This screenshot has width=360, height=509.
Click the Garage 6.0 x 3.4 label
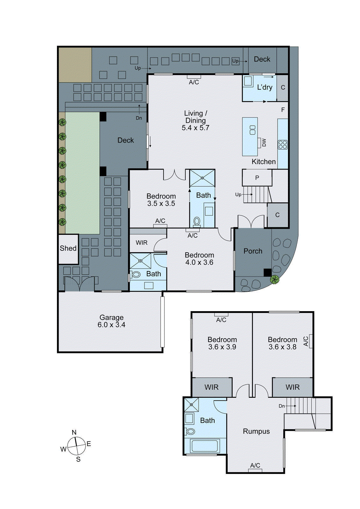111,321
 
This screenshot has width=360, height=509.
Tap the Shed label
68,248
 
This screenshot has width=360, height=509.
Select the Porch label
253,251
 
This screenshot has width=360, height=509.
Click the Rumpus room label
256,431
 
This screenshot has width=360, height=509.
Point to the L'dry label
265,87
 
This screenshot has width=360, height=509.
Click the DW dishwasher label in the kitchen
264,143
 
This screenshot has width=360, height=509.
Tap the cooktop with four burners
283,144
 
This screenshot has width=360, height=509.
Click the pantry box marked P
257,178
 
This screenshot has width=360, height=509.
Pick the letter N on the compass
74,432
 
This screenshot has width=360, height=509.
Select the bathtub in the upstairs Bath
205,446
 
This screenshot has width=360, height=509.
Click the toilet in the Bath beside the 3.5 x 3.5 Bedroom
197,221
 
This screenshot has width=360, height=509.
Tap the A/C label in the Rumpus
255,465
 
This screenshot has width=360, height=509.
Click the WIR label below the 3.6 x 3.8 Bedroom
293,387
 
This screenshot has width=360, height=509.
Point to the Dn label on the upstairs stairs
282,406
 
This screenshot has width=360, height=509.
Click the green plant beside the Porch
274,280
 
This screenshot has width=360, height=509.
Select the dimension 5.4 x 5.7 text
195,128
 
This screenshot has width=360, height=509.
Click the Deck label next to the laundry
262,59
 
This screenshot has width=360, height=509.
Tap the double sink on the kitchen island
252,130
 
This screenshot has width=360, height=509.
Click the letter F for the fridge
283,110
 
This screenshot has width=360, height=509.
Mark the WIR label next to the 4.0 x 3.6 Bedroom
142,243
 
